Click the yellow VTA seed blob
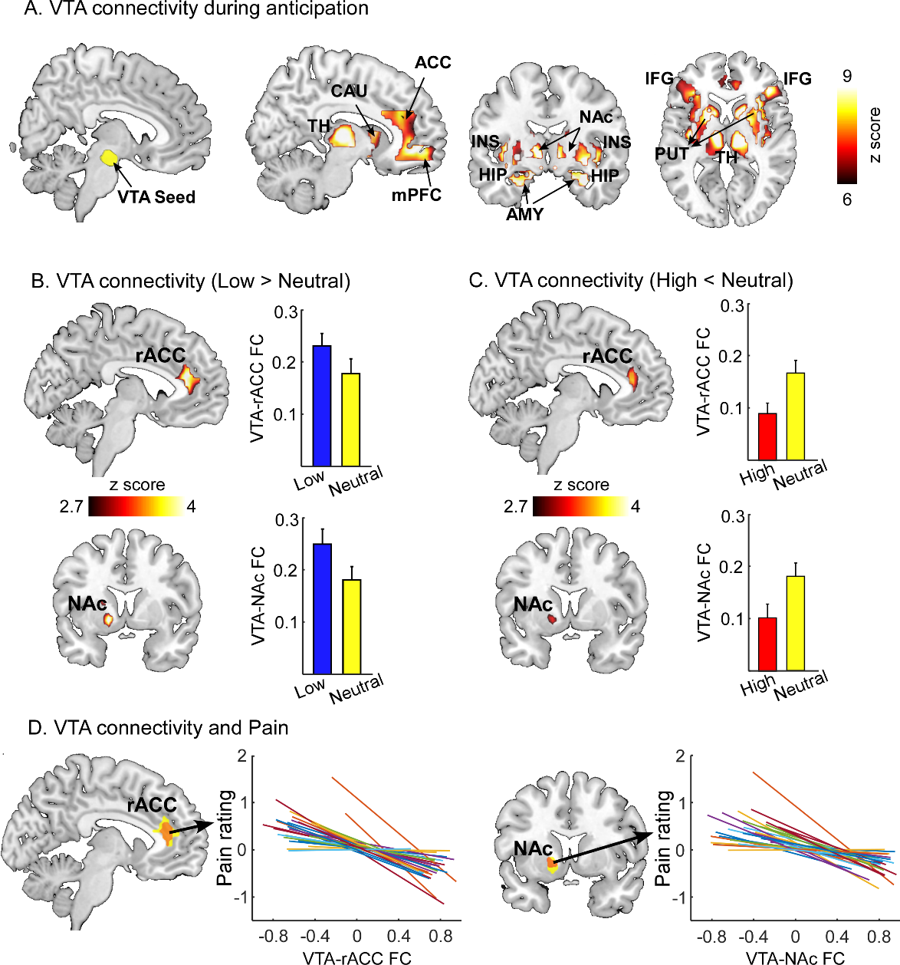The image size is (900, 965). [x=110, y=158]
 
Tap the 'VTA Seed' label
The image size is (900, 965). [x=156, y=198]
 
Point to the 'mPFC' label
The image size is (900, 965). [x=416, y=195]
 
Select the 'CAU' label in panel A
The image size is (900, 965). [x=349, y=91]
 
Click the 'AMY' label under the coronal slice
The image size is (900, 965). [x=524, y=215]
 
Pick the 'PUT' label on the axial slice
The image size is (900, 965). [x=672, y=154]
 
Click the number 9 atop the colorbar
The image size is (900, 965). [x=846, y=77]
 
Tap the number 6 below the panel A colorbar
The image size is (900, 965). [x=846, y=200]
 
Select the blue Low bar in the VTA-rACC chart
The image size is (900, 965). [x=322, y=406]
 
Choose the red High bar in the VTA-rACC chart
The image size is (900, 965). [x=767, y=436]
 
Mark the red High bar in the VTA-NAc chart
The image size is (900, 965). [x=767, y=644]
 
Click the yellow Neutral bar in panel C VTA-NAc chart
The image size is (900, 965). [x=795, y=623]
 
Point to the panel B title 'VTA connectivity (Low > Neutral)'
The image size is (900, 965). [x=190, y=281]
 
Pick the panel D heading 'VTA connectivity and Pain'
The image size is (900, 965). [x=158, y=727]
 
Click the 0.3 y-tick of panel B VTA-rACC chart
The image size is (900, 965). [x=286, y=312]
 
